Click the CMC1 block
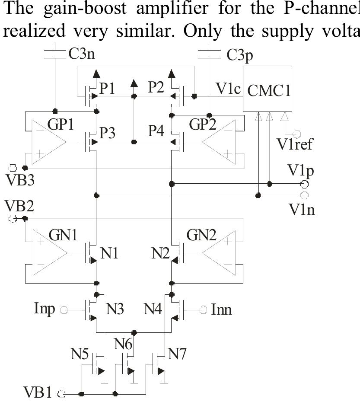tap(268, 91)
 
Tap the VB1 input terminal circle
tap(61, 394)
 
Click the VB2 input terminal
tap(13, 219)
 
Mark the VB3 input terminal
tap(13, 167)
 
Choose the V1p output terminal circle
tap(304, 184)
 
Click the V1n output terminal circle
tap(304, 195)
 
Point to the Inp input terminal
tap(64, 309)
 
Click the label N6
tap(124, 344)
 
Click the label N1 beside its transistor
tap(109, 253)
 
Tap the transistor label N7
tap(178, 354)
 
